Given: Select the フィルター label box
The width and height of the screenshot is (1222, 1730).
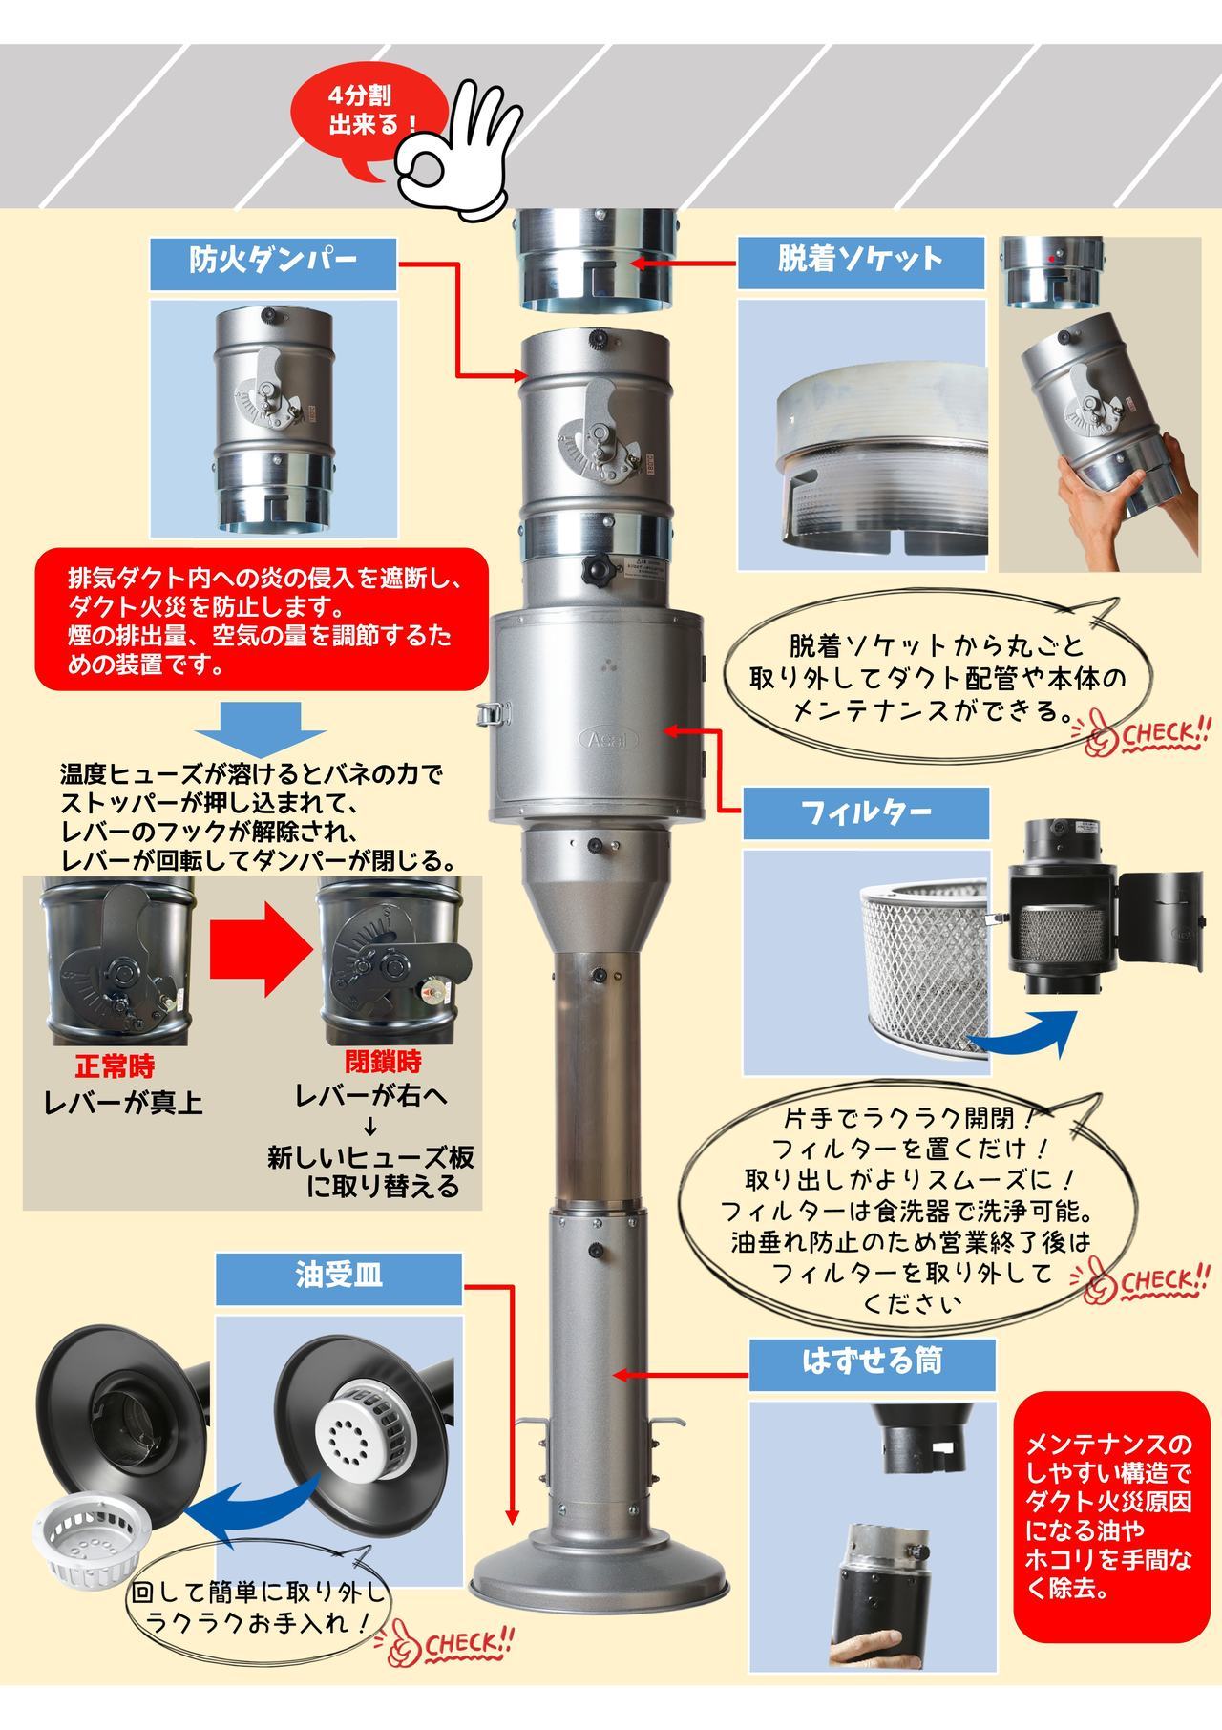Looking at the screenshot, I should (x=865, y=814).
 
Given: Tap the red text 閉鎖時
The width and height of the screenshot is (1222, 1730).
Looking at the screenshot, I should (x=383, y=1063).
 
